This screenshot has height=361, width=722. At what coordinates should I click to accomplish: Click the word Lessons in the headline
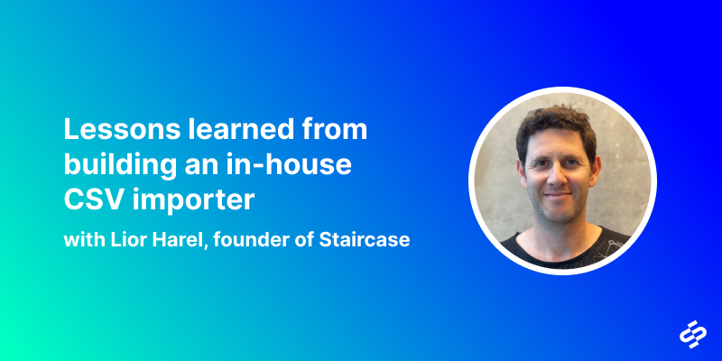(x=122, y=129)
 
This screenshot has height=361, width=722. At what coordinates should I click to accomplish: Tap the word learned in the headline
(x=241, y=129)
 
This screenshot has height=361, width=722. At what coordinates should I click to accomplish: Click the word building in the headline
(x=120, y=167)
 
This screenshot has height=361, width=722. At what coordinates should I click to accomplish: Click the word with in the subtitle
(x=85, y=240)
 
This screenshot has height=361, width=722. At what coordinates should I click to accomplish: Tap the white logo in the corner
(x=693, y=334)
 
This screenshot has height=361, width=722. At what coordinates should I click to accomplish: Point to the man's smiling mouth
(x=558, y=195)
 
